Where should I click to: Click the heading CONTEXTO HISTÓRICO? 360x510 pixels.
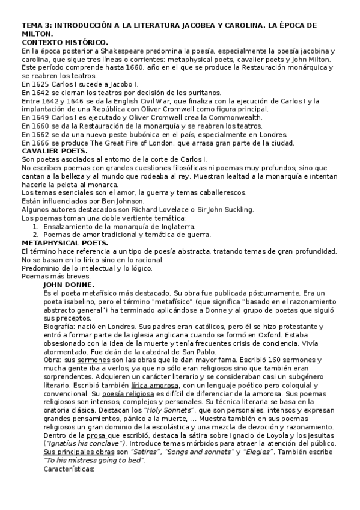click(64, 42)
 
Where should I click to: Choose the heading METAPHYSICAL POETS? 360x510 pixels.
click(65, 242)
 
